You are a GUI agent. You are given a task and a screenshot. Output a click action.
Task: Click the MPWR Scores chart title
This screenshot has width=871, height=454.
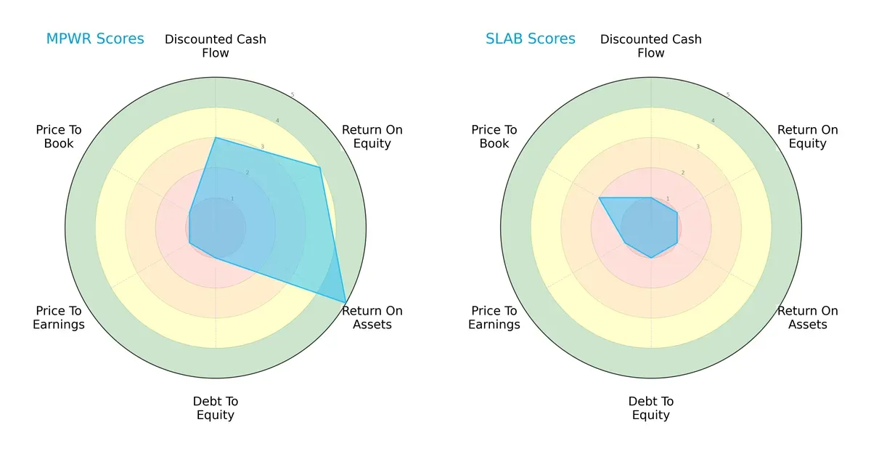95,38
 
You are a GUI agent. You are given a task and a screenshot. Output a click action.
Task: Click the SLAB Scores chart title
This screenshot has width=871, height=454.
531,38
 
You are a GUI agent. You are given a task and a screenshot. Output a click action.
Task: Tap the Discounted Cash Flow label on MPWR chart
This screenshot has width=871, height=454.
216,46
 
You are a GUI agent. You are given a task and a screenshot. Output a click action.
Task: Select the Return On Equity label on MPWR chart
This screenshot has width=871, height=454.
372,137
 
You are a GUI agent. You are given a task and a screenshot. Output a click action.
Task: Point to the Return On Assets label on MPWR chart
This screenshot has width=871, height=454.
372,317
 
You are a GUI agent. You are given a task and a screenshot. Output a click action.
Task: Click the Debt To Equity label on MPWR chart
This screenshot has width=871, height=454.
216,408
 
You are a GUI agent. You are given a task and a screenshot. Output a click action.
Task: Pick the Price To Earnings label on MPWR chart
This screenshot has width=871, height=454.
59,317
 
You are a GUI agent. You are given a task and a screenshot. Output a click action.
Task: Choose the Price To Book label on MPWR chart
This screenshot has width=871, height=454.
59,137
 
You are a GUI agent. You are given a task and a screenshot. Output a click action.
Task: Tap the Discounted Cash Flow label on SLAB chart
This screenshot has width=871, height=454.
651,46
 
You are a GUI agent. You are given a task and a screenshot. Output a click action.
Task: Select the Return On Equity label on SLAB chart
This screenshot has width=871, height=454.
808,137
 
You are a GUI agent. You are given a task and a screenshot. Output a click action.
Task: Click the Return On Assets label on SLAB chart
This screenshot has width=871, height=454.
808,317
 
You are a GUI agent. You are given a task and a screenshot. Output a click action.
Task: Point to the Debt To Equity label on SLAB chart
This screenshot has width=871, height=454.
651,408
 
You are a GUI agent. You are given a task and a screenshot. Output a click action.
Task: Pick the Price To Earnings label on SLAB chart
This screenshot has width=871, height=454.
494,317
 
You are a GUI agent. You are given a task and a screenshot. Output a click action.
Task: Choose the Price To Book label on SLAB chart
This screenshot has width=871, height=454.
494,137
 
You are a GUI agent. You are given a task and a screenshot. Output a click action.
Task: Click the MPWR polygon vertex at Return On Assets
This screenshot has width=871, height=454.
345,302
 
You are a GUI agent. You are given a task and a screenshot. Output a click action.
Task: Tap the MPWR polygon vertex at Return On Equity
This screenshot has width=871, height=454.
320,167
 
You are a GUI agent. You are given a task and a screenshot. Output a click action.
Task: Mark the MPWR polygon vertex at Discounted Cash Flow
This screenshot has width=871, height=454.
216,137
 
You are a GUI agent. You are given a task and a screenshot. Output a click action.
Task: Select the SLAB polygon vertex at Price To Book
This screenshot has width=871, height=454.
599,198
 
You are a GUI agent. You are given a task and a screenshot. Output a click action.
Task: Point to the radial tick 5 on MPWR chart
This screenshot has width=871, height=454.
293,95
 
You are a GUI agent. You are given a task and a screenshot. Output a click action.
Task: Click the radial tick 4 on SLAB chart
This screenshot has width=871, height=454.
713,121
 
